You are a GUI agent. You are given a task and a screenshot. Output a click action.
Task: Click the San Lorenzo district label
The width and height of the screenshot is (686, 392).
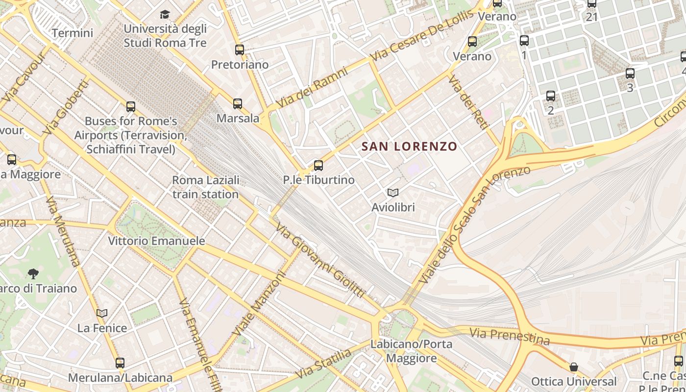[x=409, y=146]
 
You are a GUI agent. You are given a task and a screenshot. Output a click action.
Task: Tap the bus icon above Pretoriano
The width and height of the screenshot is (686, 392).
[x=240, y=49]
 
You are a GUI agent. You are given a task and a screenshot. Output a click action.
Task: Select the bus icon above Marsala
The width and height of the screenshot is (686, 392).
[x=238, y=103]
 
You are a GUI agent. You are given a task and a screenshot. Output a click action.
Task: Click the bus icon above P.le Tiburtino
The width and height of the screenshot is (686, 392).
[x=318, y=165]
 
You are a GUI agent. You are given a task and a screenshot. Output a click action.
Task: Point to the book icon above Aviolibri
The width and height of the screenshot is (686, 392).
[x=393, y=193]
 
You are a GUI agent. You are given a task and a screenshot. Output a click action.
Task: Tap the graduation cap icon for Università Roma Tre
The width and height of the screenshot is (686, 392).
[x=165, y=14]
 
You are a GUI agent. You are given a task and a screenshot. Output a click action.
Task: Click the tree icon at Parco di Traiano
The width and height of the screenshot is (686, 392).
[x=33, y=273]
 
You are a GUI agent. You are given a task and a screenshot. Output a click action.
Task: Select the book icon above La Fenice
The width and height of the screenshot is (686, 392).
[x=102, y=313]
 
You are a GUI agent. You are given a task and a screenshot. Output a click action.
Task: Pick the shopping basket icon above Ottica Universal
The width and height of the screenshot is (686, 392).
[x=573, y=367]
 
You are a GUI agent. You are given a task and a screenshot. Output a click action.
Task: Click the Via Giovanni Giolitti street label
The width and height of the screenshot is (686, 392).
[x=320, y=260]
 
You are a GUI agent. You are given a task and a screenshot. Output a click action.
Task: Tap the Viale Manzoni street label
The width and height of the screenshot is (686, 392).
[x=259, y=304]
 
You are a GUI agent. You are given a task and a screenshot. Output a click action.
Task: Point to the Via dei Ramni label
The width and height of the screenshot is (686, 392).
[x=312, y=88]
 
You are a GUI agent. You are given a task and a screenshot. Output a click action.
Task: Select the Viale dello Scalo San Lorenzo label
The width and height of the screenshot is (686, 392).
[x=475, y=224]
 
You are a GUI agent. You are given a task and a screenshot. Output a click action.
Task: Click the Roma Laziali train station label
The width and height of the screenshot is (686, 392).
[x=206, y=187]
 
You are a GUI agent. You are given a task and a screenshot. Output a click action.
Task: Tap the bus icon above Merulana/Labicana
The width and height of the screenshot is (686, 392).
[x=120, y=363]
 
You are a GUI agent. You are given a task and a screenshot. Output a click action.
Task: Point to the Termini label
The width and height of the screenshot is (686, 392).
[x=72, y=33]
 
